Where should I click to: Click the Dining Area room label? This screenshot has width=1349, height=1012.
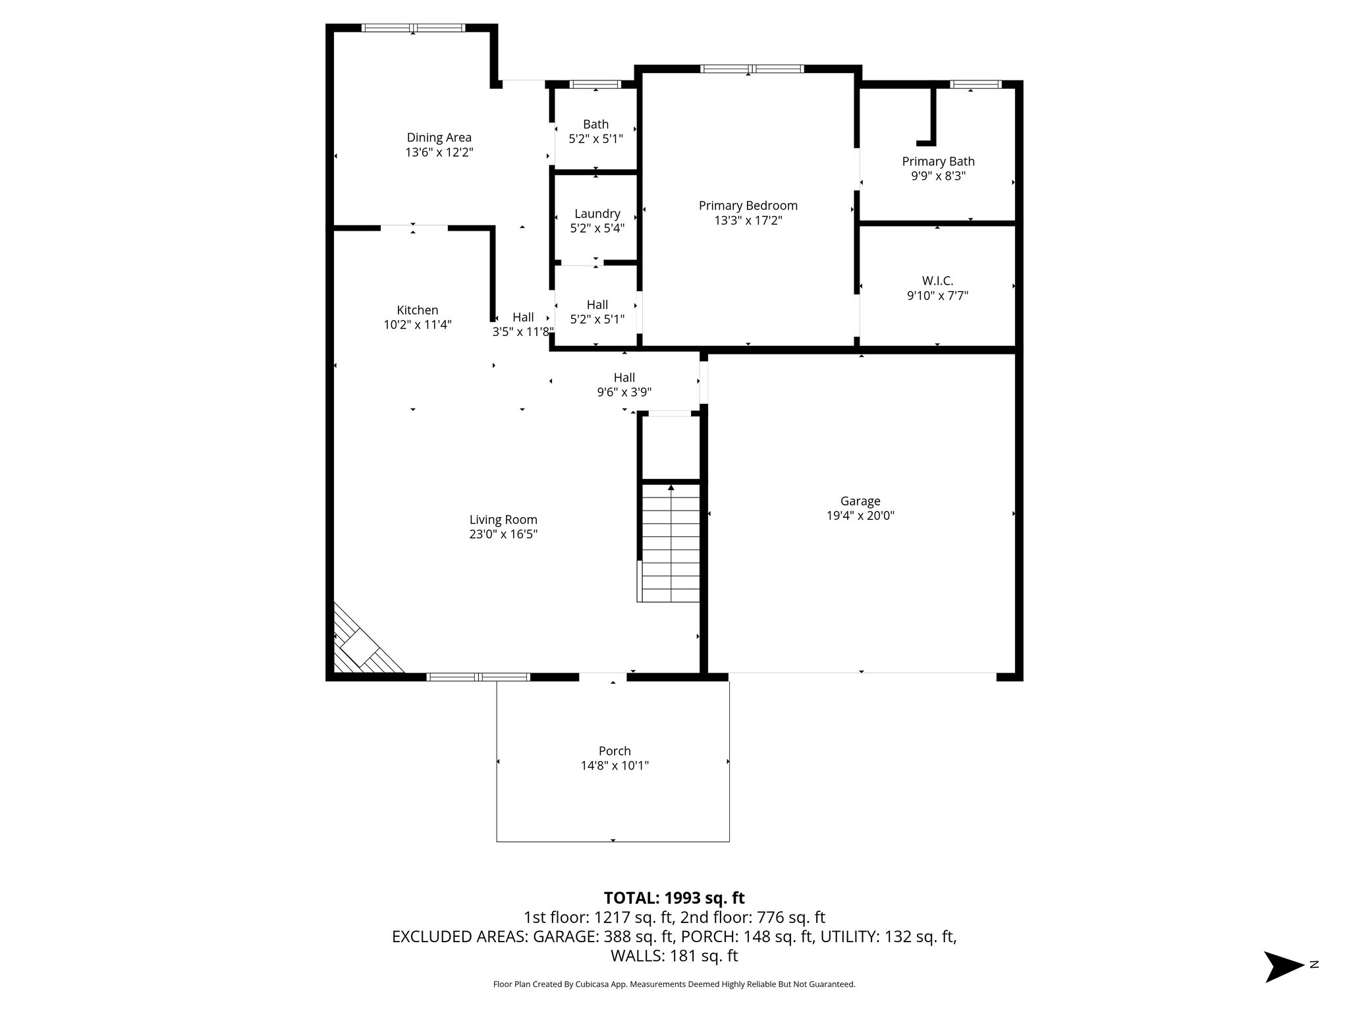click(x=439, y=138)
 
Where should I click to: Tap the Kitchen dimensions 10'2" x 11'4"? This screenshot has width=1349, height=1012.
click(x=418, y=325)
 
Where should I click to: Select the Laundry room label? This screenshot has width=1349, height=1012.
click(x=597, y=213)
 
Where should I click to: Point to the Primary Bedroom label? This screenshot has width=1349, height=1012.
click(x=748, y=206)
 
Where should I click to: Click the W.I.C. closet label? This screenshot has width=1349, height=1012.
click(x=937, y=281)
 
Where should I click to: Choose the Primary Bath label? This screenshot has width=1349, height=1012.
click(x=938, y=161)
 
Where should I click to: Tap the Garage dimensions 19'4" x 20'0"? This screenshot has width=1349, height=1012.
click(x=860, y=516)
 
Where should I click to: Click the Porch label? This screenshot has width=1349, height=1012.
click(x=614, y=751)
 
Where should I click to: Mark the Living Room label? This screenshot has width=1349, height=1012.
click(x=503, y=520)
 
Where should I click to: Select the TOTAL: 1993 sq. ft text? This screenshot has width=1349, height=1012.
click(x=674, y=898)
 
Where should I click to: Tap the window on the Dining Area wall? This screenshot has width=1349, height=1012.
click(x=413, y=28)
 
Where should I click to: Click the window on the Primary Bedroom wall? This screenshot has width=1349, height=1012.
click(x=752, y=69)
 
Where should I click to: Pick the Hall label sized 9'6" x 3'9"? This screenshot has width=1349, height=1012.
click(x=624, y=378)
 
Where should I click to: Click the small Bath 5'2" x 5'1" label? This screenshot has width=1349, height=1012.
click(x=595, y=125)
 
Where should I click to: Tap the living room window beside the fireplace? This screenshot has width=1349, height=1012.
click(x=478, y=677)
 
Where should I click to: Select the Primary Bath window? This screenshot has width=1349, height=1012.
click(x=975, y=84)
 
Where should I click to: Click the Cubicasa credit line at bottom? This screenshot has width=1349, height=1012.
click(x=674, y=984)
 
